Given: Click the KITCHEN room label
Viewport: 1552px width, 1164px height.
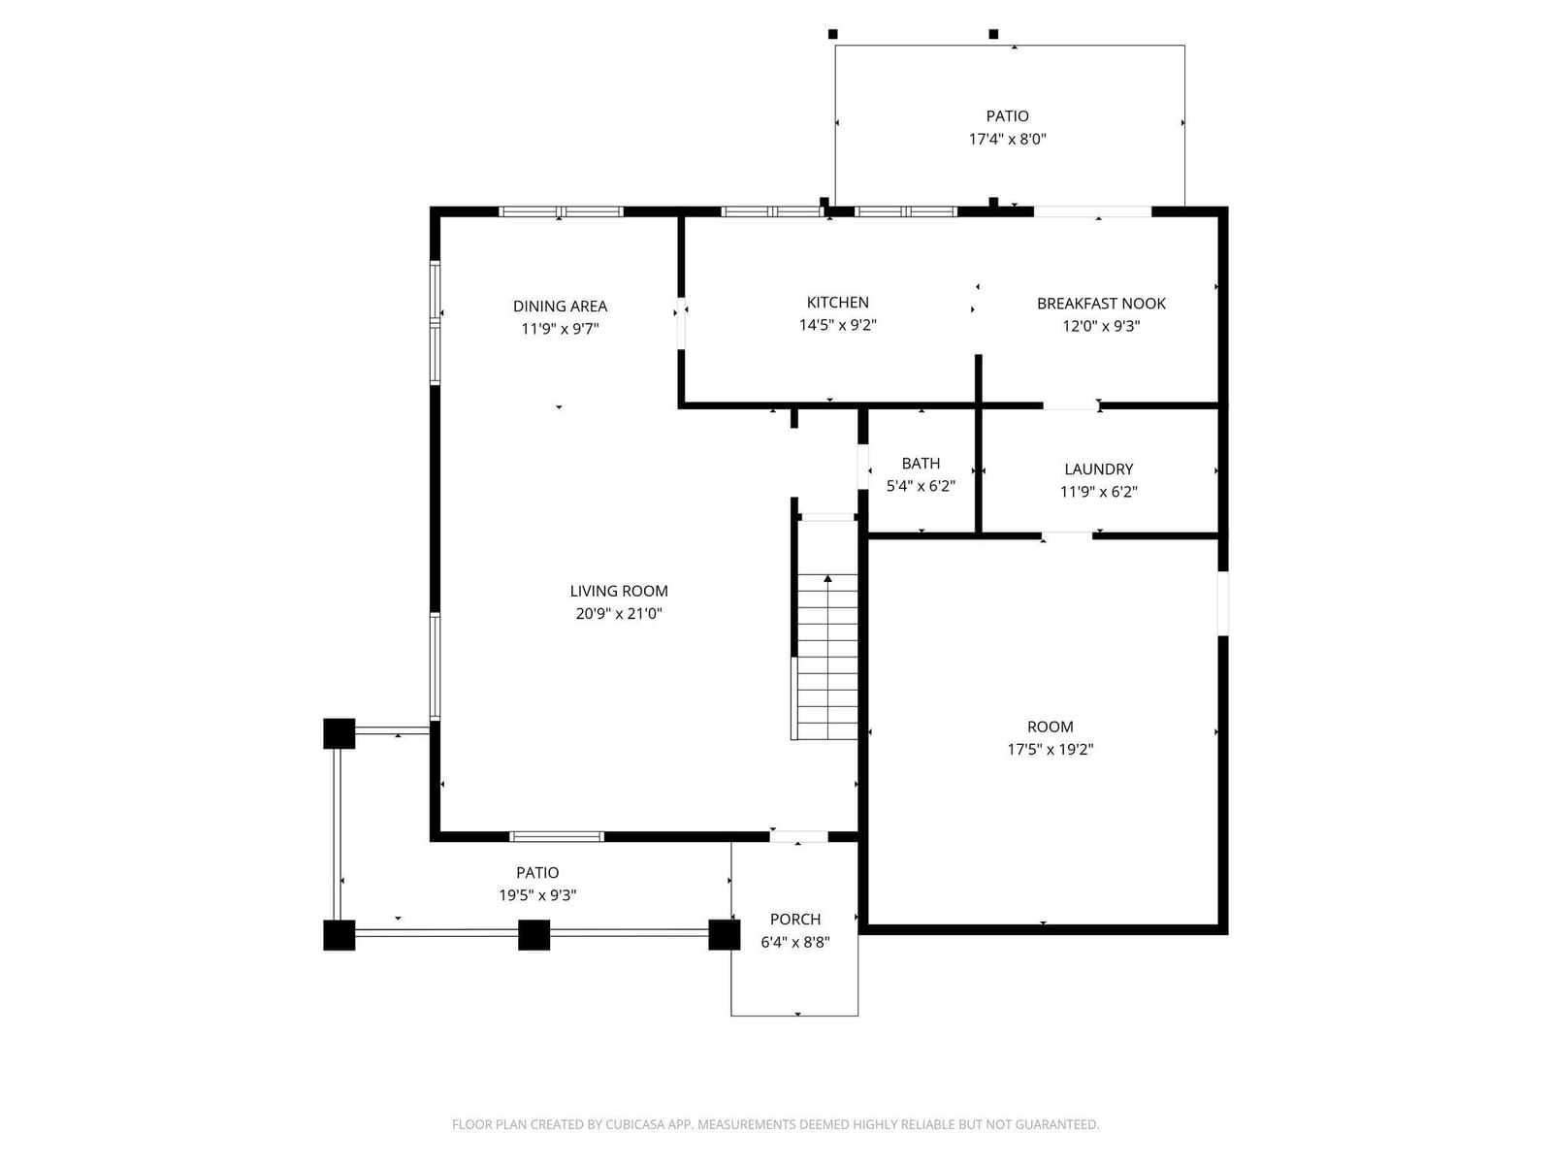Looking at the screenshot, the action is click(x=837, y=303).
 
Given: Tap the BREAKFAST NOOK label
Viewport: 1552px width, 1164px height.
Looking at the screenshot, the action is click(x=1101, y=304).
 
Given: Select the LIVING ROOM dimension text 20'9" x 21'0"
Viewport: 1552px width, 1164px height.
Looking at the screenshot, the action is click(x=619, y=613).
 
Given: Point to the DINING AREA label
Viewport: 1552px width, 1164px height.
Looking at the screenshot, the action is click(x=560, y=306).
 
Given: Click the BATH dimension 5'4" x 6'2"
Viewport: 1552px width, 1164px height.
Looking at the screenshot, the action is click(x=921, y=486).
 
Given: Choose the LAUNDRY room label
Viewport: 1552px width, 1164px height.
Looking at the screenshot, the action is click(x=1099, y=469).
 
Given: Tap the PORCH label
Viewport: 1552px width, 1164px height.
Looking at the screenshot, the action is click(x=795, y=920).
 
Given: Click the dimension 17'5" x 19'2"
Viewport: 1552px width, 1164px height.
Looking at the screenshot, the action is click(x=1050, y=749).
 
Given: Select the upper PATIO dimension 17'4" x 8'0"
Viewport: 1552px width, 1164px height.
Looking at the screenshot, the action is click(x=1007, y=139).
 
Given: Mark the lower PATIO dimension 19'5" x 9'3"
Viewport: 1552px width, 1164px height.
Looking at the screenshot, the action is click(x=537, y=895).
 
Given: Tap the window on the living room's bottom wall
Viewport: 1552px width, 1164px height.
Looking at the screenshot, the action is click(x=557, y=837).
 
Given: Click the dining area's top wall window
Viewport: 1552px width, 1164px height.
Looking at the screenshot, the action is click(x=561, y=211).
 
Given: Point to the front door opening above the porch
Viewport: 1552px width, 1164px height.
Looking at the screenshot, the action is click(x=798, y=837).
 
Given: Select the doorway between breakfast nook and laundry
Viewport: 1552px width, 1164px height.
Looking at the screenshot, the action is click(x=1071, y=405).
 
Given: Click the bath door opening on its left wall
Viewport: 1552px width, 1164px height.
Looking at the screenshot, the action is click(x=862, y=467).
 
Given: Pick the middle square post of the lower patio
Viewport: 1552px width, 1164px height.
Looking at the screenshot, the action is click(x=533, y=935).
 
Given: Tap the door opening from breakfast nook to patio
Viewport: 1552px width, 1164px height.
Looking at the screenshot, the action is click(x=1092, y=211).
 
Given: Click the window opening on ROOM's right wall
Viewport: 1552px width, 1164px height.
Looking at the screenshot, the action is click(x=1222, y=602).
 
